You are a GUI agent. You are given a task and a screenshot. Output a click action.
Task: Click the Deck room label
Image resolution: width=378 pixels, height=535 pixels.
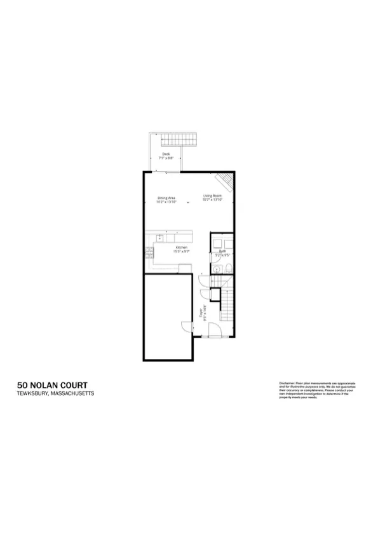[x=166, y=154]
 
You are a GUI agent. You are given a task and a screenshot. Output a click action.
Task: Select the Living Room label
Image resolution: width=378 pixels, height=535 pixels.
[x=212, y=195]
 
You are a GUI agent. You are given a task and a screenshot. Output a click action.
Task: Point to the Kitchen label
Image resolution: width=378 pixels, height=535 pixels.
[x=182, y=247]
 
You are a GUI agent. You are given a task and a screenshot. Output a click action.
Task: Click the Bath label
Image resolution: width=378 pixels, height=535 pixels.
[x=222, y=252]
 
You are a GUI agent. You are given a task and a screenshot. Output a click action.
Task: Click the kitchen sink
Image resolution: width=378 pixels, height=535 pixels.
[x=160, y=237]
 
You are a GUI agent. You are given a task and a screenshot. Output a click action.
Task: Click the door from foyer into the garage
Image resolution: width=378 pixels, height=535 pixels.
[x=186, y=326]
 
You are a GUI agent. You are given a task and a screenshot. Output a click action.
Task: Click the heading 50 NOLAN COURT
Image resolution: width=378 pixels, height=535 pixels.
[x=52, y=385]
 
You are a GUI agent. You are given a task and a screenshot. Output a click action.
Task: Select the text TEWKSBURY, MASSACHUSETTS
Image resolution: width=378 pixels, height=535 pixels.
[x=55, y=394]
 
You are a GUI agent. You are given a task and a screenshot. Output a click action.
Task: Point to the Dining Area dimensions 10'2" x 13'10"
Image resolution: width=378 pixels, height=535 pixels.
[x=167, y=201]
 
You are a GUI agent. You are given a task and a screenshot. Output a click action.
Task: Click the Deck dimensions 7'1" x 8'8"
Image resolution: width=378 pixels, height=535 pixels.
[x=166, y=158]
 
